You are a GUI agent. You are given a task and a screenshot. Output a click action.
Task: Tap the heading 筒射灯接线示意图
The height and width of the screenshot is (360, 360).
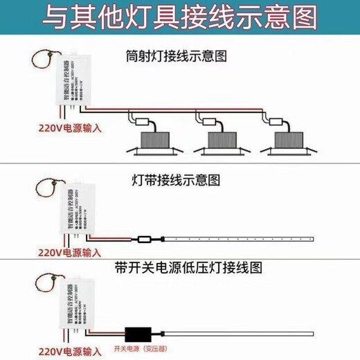coord(177,54)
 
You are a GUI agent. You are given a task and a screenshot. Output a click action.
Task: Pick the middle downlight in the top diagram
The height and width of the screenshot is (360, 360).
coord(217,143)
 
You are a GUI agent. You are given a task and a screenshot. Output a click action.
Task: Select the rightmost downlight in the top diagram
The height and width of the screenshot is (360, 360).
coord(289,143)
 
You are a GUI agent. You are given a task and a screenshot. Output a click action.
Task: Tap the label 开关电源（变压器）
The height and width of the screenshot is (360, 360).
coord(141,348)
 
